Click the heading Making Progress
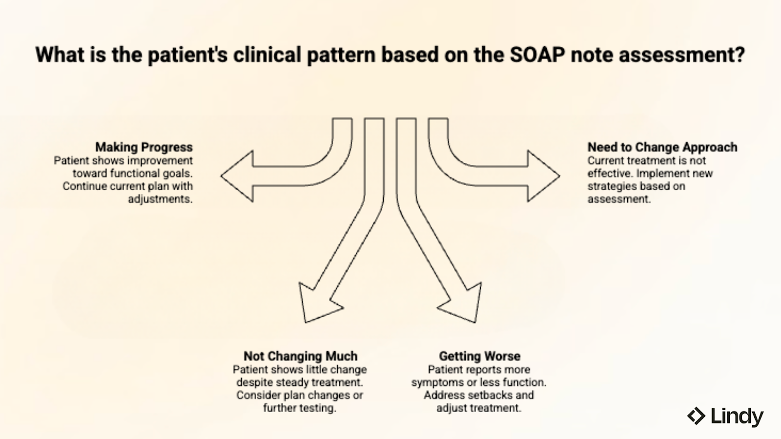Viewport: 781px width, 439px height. [x=144, y=147]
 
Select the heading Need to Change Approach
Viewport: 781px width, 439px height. [x=662, y=147]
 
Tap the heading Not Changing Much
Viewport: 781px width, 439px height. [x=300, y=356]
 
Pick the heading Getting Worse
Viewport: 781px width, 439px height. [x=479, y=356]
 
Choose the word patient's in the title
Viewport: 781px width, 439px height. [x=187, y=55]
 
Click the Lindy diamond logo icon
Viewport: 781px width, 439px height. [x=696, y=416]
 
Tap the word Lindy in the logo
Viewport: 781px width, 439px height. [x=737, y=417]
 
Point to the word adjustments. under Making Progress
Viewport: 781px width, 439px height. [x=160, y=199]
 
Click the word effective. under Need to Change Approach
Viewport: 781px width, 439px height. [x=610, y=174]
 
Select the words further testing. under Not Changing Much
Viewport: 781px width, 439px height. [x=300, y=408]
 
